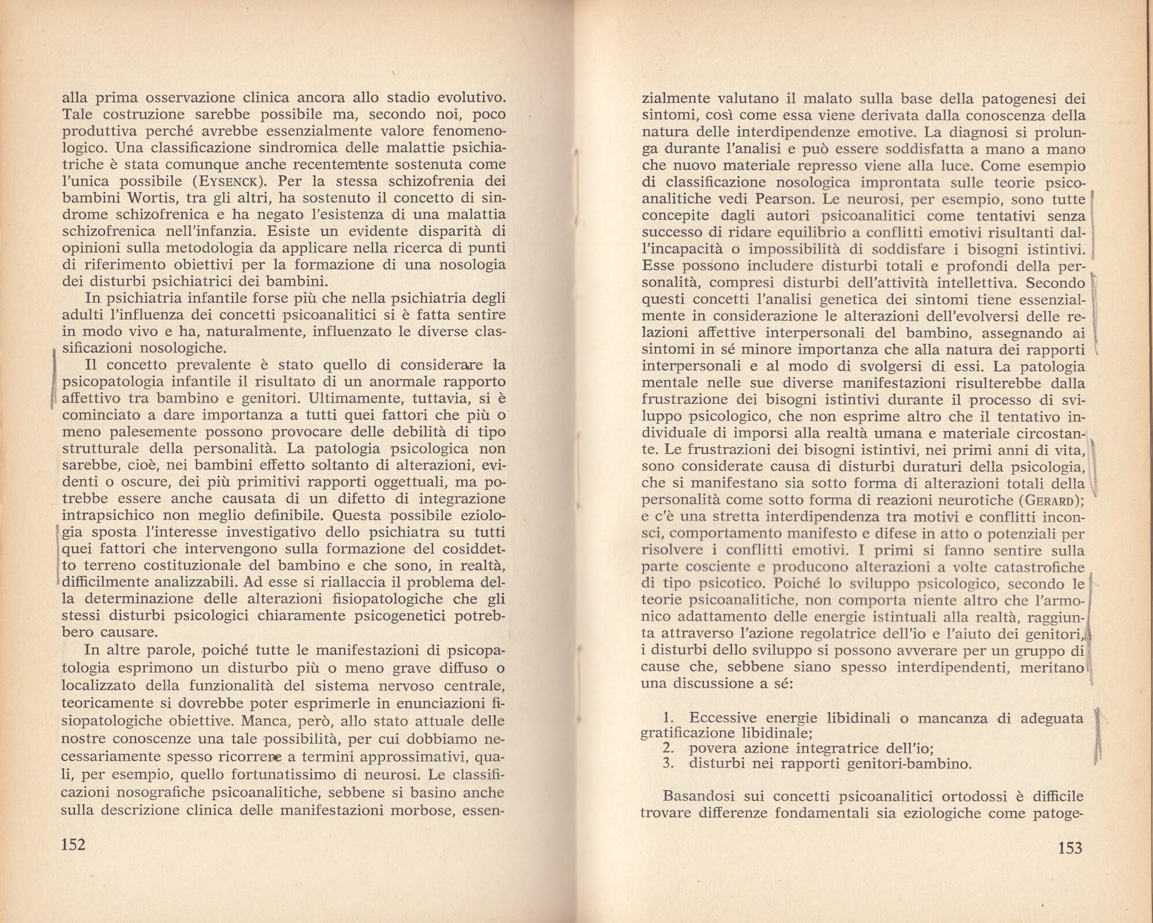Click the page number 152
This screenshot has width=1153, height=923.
73,845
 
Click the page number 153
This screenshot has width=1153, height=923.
1070,847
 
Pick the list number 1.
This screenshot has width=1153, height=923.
668,719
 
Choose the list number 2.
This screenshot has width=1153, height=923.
668,749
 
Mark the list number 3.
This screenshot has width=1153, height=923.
668,765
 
